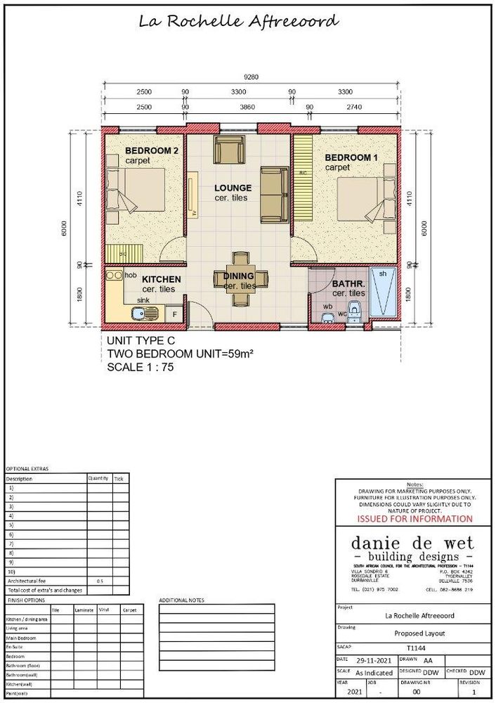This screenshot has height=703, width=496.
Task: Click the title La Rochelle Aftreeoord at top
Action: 239,21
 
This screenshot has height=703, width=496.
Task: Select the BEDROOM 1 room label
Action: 351,158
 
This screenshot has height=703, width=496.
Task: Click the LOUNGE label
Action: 233,188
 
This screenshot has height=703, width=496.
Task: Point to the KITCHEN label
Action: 162,279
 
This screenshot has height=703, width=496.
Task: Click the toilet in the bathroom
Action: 355,308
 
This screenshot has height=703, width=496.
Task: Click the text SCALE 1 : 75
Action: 141,366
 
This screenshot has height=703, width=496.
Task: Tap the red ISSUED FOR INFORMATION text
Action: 415,519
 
